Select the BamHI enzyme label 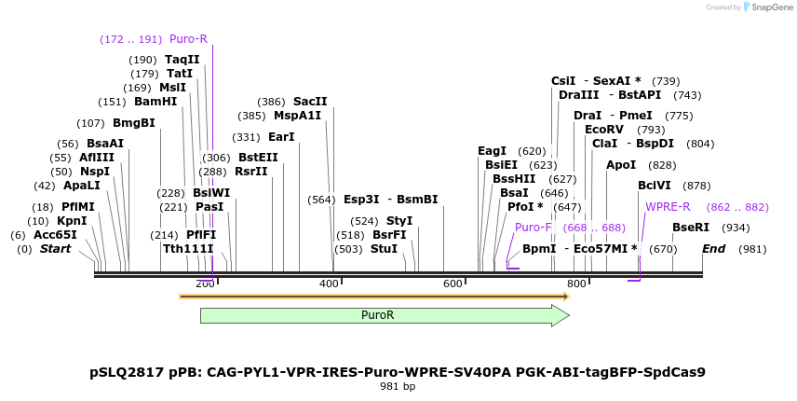click(155, 102)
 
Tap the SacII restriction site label click(310, 102)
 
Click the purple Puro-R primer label click(188, 39)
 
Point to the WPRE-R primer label click(668, 207)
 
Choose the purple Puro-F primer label click(534, 228)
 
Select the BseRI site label click(691, 228)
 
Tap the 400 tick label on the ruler click(329, 283)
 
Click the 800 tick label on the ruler click(576, 283)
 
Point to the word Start click(55, 249)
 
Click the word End click(714, 249)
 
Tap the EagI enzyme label click(492, 151)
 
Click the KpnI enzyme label click(72, 221)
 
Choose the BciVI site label click(655, 186)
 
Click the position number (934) click(736, 228)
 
